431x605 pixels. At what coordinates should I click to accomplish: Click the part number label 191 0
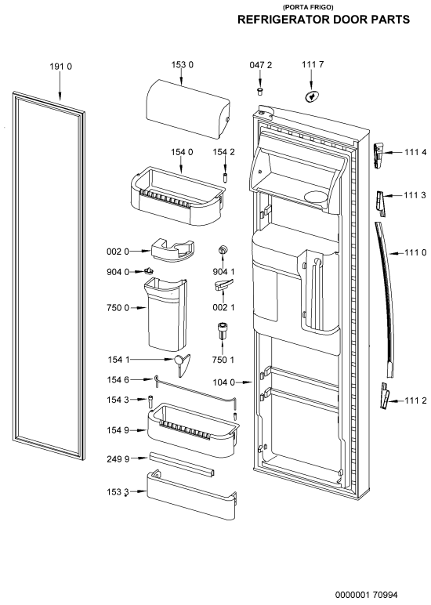click(x=60, y=67)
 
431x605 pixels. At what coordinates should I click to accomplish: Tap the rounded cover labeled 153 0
click(x=188, y=109)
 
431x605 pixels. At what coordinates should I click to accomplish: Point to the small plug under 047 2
click(x=260, y=91)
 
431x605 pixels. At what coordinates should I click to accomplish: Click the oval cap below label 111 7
click(x=312, y=97)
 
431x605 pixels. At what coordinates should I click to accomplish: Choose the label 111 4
click(x=415, y=152)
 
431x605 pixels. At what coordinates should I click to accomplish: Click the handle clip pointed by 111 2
click(x=385, y=396)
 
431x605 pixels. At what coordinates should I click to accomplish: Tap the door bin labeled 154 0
click(x=177, y=197)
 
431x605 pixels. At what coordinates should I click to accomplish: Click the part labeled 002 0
click(x=173, y=251)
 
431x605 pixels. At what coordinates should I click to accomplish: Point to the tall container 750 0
click(x=167, y=313)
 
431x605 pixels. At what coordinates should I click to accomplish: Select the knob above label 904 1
click(x=223, y=250)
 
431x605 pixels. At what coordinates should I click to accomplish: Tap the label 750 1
click(x=223, y=360)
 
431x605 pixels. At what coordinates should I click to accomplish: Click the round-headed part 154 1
click(x=181, y=363)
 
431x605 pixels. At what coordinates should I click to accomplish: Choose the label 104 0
click(x=224, y=382)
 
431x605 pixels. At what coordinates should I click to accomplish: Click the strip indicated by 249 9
click(x=181, y=465)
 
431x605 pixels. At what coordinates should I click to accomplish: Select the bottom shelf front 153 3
click(x=191, y=495)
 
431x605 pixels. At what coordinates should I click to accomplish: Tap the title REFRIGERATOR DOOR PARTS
click(x=324, y=20)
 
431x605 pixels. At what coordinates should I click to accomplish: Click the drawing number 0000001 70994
click(x=366, y=595)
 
